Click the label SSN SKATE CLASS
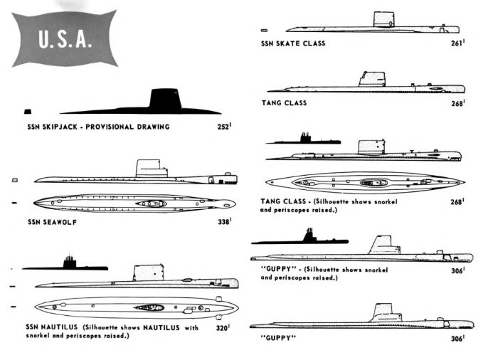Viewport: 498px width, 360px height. (x=294, y=43)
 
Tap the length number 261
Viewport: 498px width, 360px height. (x=457, y=43)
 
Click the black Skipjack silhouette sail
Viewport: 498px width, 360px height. (x=165, y=99)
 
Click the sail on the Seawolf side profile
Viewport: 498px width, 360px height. (x=151, y=168)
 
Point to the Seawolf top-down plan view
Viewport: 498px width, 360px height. (x=135, y=203)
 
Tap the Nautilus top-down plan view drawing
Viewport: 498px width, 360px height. (x=135, y=307)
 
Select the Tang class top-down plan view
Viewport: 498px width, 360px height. (x=363, y=183)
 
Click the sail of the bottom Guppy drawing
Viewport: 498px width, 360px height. (x=383, y=312)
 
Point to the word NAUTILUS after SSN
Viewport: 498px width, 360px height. (x=60, y=328)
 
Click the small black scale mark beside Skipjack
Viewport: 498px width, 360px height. (x=28, y=112)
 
